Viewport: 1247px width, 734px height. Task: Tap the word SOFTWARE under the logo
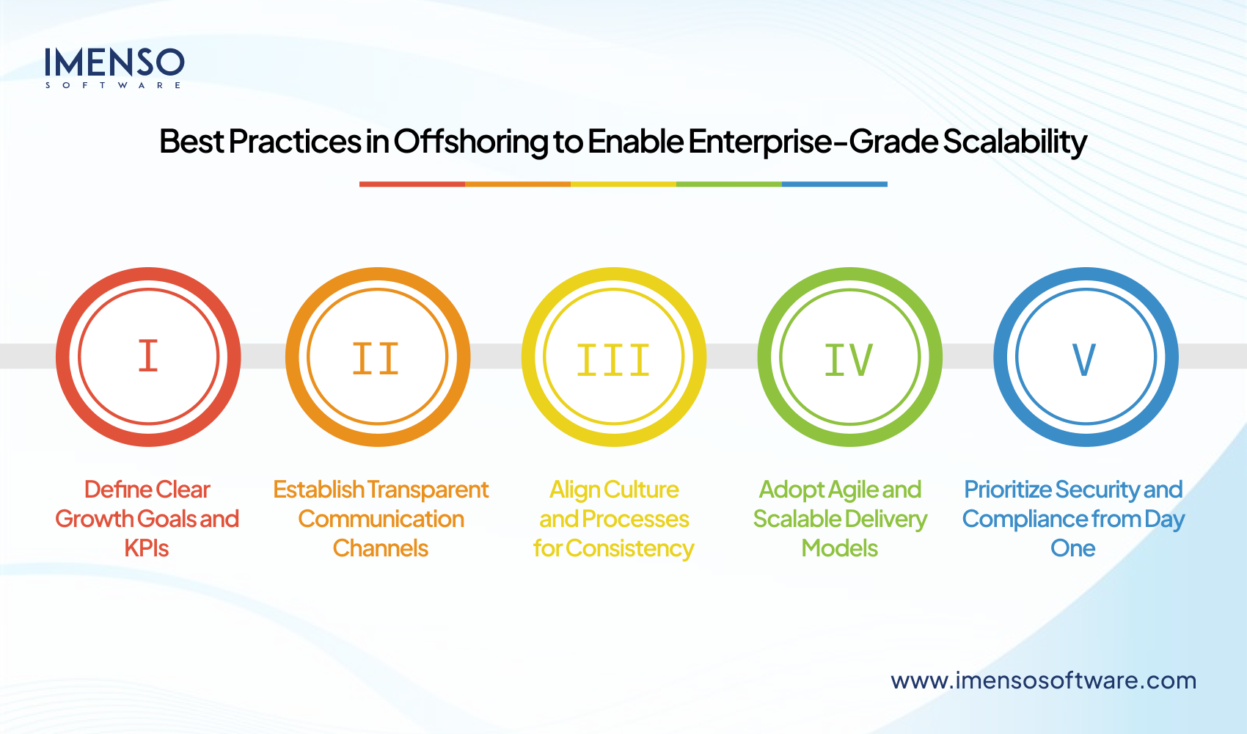(114, 85)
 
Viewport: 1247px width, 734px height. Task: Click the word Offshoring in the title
(471, 142)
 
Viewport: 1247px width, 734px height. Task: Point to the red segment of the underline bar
(412, 184)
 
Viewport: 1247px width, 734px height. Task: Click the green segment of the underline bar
(728, 184)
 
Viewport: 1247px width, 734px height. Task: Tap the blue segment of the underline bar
(834, 184)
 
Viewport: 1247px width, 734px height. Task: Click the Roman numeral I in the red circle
(148, 357)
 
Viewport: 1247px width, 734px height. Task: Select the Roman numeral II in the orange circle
(376, 359)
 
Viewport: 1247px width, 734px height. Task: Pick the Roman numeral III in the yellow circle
(613, 360)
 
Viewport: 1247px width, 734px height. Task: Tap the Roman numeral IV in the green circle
(849, 360)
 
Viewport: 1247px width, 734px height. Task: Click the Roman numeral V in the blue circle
(1084, 360)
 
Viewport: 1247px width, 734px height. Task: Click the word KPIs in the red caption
(147, 548)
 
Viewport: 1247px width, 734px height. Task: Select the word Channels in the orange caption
(380, 548)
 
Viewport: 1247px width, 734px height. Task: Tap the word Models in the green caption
(839, 548)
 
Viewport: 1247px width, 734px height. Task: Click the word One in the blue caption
(1072, 548)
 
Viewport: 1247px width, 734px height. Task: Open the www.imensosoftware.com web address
(1043, 680)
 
